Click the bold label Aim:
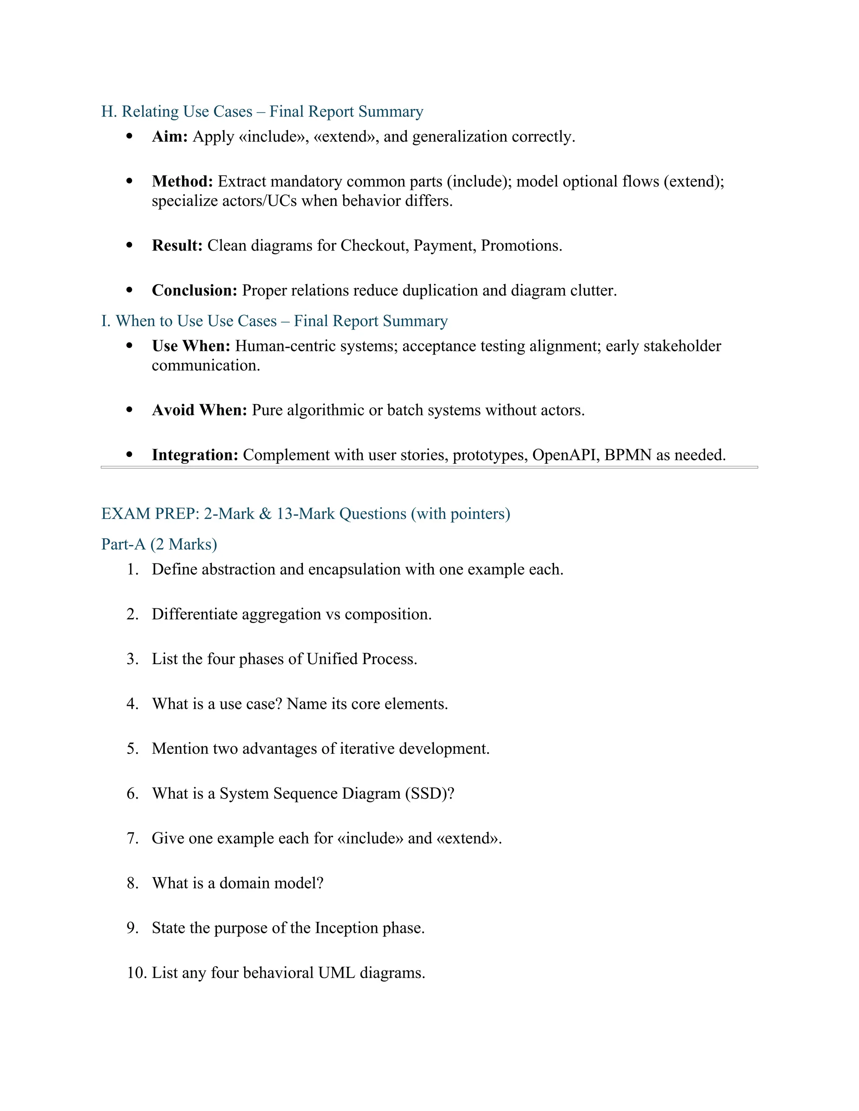[x=170, y=137]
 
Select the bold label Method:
[x=182, y=182]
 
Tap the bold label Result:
[x=177, y=246]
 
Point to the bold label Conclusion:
[x=194, y=291]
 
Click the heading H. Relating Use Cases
[x=262, y=112]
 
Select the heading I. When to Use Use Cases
[x=274, y=321]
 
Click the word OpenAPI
[x=565, y=455]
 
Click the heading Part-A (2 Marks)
[x=159, y=544]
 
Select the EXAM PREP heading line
[x=305, y=514]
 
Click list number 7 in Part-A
[x=132, y=838]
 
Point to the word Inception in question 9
[x=346, y=928]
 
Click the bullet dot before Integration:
[x=129, y=454]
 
